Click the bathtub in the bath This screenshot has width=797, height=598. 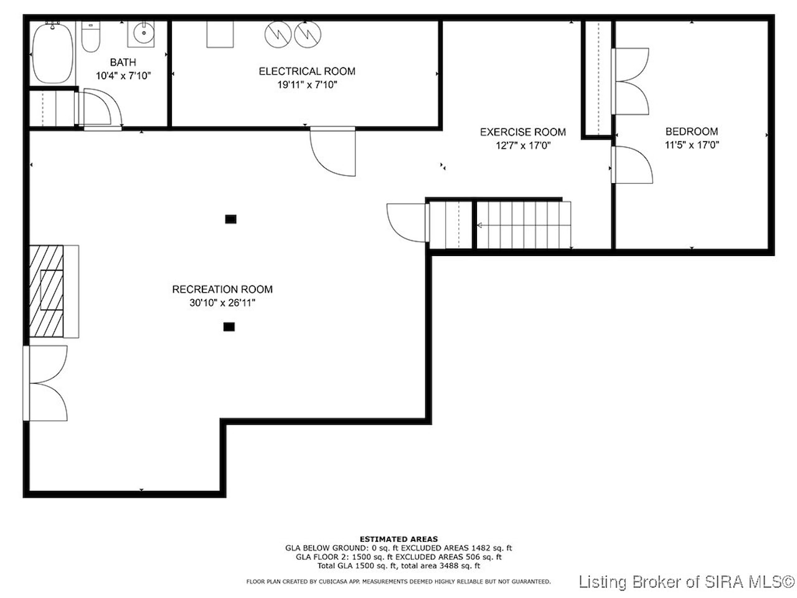point(53,54)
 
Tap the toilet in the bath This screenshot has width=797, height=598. point(90,36)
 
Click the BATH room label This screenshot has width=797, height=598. point(123,62)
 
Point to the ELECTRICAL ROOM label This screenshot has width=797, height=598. point(307,71)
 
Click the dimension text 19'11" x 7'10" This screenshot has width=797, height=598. point(307,85)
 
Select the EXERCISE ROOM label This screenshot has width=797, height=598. point(523,132)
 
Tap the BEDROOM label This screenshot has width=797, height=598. point(692,131)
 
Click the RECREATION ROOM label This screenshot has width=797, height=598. point(222,290)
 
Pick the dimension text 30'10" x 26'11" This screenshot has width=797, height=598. point(222,303)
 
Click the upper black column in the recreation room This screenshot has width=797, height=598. point(230,219)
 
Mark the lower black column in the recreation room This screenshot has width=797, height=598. point(229,327)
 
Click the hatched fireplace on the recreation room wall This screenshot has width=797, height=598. point(47,292)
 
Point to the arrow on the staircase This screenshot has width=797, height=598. point(524,225)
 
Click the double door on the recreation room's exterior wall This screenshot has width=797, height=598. point(45,383)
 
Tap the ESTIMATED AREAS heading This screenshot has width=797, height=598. point(398,539)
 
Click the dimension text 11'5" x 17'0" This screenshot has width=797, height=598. point(692,145)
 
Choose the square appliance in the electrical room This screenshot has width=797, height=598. point(220,34)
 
